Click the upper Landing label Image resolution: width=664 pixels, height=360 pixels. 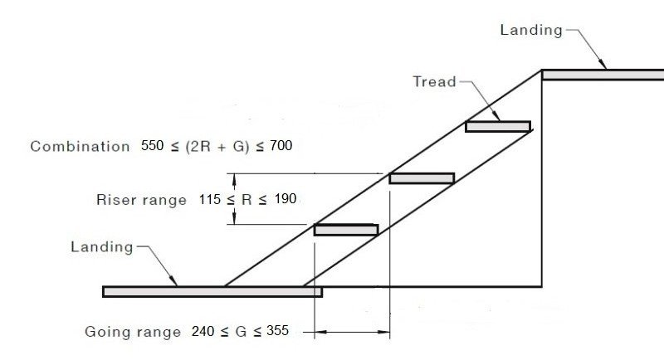pos(530,30)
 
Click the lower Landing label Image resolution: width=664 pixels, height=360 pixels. pos(101,247)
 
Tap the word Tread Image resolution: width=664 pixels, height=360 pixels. pos(434,81)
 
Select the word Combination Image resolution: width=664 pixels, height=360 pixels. pos(80,146)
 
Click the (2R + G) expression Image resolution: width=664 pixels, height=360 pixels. pos(216,146)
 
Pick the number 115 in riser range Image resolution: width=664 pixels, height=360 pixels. pos(212,199)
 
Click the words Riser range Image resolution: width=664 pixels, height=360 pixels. pos(141,200)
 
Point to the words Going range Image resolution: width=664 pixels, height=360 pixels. pos(133,332)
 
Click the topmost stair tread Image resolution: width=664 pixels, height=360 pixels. pos(497,126)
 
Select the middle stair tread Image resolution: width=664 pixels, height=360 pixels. pos(422,178)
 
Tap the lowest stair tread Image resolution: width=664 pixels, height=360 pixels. pos(346,229)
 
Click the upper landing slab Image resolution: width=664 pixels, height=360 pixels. pos(603,75)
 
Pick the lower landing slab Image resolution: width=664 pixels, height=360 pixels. pos(212,291)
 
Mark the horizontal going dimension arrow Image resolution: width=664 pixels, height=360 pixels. pos(352,333)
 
